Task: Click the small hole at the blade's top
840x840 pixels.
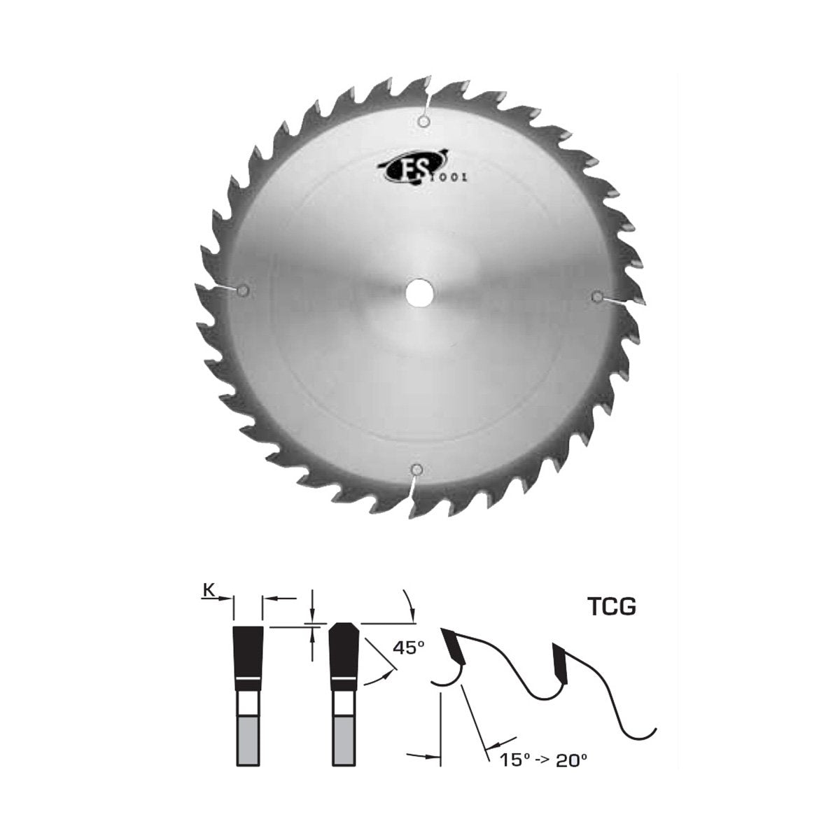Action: pyautogui.click(x=423, y=122)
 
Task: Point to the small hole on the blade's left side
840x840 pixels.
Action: pyautogui.click(x=244, y=290)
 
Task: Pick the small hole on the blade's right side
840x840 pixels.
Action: pyautogui.click(x=596, y=297)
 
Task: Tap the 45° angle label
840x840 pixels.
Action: pyautogui.click(x=409, y=648)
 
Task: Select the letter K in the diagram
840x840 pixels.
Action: pyautogui.click(x=208, y=591)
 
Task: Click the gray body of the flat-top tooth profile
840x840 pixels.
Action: pyautogui.click(x=248, y=741)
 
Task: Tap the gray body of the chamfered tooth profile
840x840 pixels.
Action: pyautogui.click(x=345, y=741)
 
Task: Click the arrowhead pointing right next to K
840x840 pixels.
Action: pyautogui.click(x=227, y=598)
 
